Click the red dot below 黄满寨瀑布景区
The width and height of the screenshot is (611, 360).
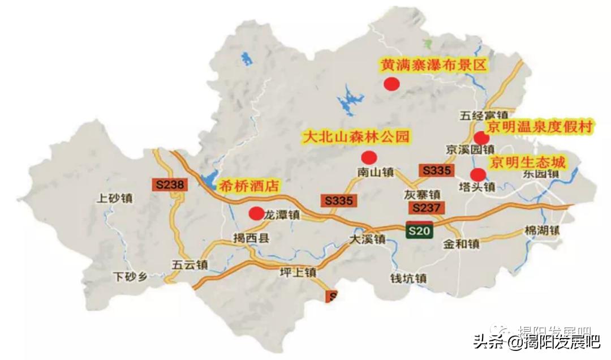tap(391, 84)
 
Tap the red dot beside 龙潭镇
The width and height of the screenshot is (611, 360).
tap(256, 213)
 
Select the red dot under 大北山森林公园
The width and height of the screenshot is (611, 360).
tap(369, 157)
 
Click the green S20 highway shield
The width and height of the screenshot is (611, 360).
tap(420, 230)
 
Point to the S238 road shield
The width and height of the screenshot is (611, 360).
tap(169, 185)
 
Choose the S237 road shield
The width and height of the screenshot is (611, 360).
tap(426, 208)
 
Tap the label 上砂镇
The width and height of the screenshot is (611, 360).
tap(115, 198)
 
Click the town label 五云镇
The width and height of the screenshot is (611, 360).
tap(191, 264)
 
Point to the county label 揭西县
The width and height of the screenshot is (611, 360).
tap(251, 238)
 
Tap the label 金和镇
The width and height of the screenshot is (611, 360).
tap(461, 245)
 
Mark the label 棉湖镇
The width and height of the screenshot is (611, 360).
tap(541, 230)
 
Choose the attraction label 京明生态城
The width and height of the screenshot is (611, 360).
tap(527, 162)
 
